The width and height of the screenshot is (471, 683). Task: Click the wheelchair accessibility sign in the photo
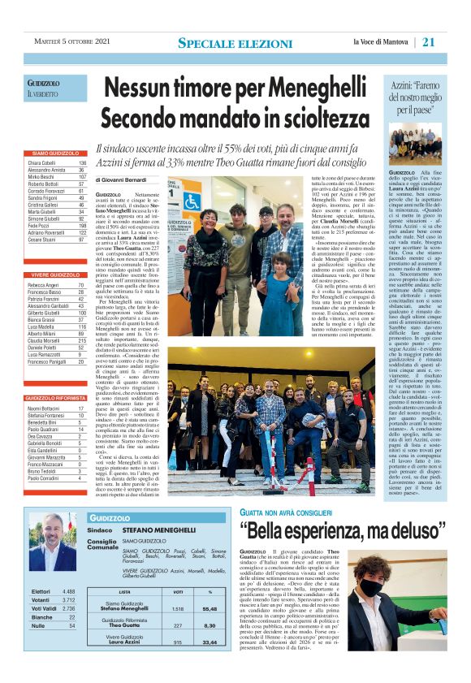point(192,200)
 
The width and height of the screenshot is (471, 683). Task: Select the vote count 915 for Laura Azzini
point(178,642)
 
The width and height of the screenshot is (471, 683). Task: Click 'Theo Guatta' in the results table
point(124,625)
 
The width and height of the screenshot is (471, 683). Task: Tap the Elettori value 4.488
point(68,591)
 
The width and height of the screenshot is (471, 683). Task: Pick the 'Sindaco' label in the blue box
point(99,532)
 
